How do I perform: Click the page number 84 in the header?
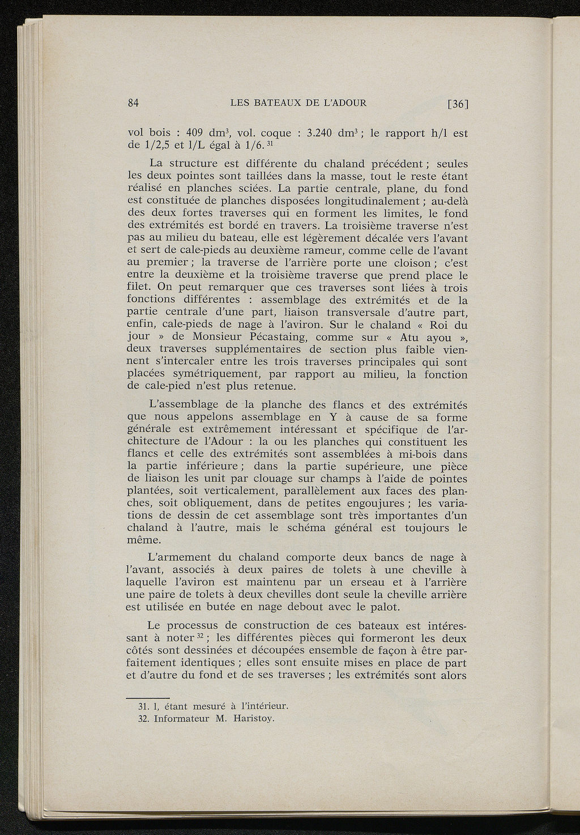134,103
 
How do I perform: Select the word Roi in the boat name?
440,325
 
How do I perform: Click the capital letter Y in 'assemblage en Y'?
333,417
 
